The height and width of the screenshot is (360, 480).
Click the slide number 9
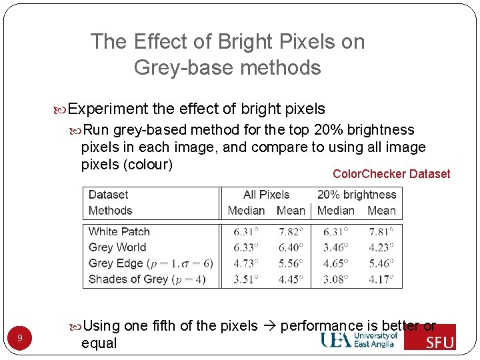tap(20, 339)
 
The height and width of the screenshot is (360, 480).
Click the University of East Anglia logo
tap(360, 340)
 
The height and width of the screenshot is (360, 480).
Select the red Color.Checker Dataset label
tap(391, 174)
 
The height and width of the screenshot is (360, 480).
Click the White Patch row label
tap(119, 232)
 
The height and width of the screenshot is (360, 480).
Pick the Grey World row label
tap(117, 247)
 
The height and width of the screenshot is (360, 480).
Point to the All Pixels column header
tap(266, 195)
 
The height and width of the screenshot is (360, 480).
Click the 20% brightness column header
tap(356, 195)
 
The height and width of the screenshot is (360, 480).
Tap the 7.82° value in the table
tap(291, 232)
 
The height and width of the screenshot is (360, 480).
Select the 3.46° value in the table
tap(336, 247)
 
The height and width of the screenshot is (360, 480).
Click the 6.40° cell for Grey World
tap(291, 247)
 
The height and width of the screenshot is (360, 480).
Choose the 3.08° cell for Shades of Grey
tap(336, 279)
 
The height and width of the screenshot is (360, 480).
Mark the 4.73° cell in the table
tap(246, 263)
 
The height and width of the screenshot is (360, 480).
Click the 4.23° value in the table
tap(381, 247)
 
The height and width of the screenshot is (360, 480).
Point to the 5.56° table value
tap(291, 263)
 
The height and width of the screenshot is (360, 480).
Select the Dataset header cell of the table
tap(108, 195)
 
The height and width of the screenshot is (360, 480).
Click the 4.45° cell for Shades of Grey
tap(291, 279)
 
